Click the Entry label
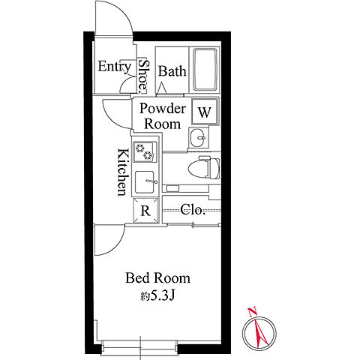[114, 67]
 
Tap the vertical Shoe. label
[143, 74]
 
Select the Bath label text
[172, 71]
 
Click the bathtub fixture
[205, 70]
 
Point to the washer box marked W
[205, 112]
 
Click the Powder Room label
[163, 116]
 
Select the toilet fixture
[204, 167]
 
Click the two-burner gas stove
[145, 151]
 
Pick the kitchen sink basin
[145, 181]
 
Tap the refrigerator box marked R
[146, 210]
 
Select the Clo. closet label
[193, 209]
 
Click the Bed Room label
[157, 278]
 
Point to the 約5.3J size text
[157, 296]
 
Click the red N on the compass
[253, 311]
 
